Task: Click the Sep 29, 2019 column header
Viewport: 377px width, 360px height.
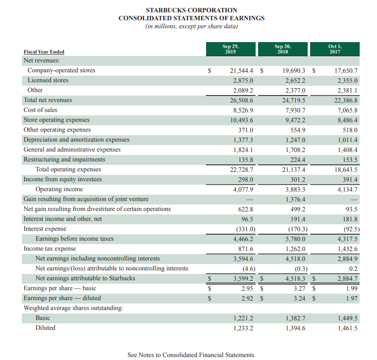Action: pyautogui.click(x=229, y=49)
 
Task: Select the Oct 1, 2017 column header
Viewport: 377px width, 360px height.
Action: pyautogui.click(x=335, y=49)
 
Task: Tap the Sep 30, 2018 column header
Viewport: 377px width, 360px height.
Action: pyautogui.click(x=282, y=49)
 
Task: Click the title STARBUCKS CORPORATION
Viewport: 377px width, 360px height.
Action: pyautogui.click(x=192, y=10)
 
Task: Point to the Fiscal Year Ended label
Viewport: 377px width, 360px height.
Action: pyautogui.click(x=44, y=52)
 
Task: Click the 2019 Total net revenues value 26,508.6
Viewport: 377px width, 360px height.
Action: pyautogui.click(x=242, y=100)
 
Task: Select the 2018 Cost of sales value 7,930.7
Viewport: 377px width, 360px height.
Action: pyautogui.click(x=294, y=110)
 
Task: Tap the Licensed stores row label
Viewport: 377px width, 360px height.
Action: pyautogui.click(x=48, y=80)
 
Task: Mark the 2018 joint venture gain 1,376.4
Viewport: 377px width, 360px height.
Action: pyautogui.click(x=294, y=199)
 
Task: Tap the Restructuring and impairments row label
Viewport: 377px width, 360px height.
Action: pyautogui.click(x=64, y=159)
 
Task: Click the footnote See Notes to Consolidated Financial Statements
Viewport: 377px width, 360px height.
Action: pyautogui.click(x=192, y=355)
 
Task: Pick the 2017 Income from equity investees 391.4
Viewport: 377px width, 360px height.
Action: pyautogui.click(x=348, y=179)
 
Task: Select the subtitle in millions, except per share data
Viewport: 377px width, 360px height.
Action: pyautogui.click(x=192, y=27)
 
